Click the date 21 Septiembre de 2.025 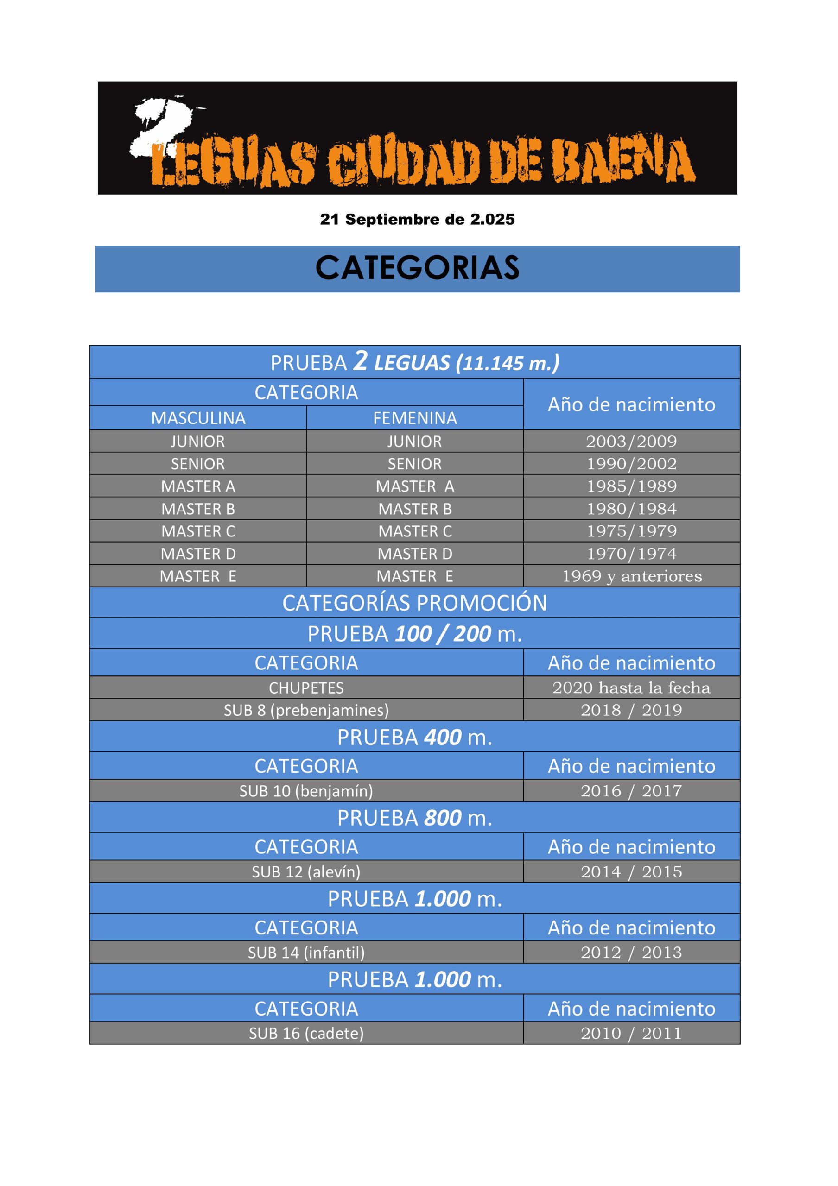click(x=417, y=220)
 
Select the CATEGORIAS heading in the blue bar click(x=417, y=268)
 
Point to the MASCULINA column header click(x=198, y=418)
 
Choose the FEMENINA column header click(x=415, y=418)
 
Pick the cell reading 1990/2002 click(x=631, y=464)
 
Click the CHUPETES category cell click(x=306, y=688)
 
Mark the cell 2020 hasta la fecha click(x=631, y=688)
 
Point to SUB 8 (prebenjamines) click(x=306, y=710)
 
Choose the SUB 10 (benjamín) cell click(x=306, y=791)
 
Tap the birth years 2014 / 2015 click(x=631, y=872)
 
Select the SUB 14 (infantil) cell click(x=306, y=953)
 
